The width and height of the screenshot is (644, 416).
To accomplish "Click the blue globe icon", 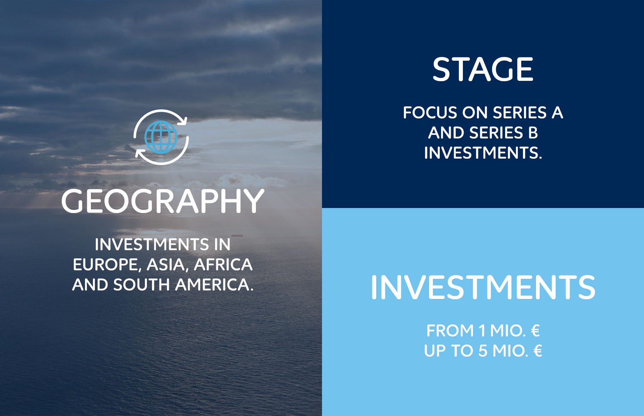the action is click(x=161, y=137).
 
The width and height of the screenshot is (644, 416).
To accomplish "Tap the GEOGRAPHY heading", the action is click(x=163, y=201).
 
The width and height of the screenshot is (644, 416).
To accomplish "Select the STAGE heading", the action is click(x=483, y=69).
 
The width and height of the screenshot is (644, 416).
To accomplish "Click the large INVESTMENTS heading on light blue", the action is click(x=483, y=287).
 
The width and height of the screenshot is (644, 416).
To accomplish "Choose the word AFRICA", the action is click(x=223, y=264).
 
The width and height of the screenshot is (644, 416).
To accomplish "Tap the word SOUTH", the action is click(x=142, y=285).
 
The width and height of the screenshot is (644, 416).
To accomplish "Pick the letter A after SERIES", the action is click(x=557, y=112).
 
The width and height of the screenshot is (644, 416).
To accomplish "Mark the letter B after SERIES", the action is click(x=533, y=133).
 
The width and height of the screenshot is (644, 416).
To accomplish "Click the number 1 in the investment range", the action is click(x=482, y=330).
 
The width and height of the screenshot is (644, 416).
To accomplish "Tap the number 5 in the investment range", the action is click(x=483, y=351).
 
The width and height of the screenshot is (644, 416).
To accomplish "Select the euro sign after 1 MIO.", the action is click(x=535, y=330).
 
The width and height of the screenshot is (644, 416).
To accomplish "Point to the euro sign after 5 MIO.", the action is click(x=538, y=351).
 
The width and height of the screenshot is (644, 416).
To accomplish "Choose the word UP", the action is click(x=435, y=351).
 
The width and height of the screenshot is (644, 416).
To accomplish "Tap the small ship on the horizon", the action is click(x=237, y=236).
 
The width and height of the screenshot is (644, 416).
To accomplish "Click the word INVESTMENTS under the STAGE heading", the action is click(x=483, y=153).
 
